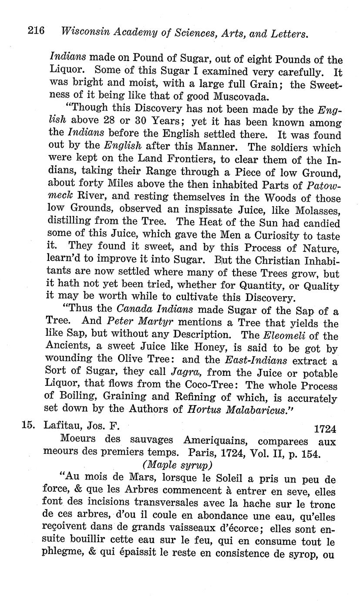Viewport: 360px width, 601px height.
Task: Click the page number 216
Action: coord(37,31)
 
